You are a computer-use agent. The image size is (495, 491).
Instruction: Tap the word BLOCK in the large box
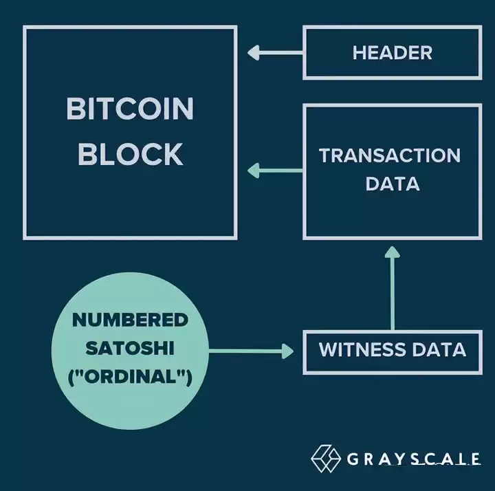(130, 153)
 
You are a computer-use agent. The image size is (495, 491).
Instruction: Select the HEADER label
(392, 52)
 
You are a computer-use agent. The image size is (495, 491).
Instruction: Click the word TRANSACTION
(390, 155)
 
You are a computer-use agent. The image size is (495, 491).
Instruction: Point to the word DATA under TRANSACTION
(393, 184)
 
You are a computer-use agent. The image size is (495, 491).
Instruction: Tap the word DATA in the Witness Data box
(439, 349)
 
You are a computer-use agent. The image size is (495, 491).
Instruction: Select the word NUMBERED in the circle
(130, 319)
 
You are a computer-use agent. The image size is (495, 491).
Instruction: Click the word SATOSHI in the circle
(130, 348)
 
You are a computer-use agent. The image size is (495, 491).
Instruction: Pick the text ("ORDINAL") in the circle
(130, 377)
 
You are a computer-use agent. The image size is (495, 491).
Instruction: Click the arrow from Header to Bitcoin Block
(275, 52)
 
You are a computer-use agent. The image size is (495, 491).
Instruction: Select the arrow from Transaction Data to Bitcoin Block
(275, 170)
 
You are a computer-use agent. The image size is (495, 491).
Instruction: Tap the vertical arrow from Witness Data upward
(392, 289)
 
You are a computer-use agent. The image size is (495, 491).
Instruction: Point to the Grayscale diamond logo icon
(326, 458)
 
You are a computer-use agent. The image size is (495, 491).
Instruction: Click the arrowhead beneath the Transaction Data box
(392, 252)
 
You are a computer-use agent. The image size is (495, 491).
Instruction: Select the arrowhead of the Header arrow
(254, 52)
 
